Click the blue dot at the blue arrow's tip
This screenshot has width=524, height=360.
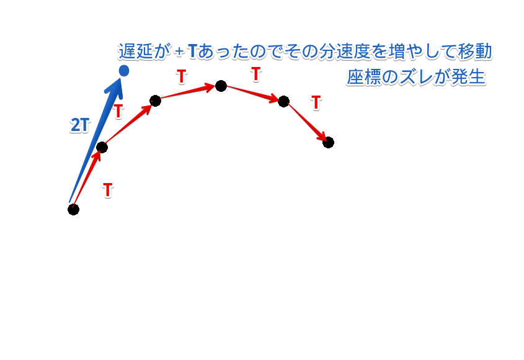point(123,71)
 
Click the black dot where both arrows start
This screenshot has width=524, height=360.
point(73,209)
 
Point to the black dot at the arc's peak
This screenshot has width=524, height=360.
point(221,86)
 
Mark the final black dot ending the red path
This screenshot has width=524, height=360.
point(328,142)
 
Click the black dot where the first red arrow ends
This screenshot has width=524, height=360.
point(102,147)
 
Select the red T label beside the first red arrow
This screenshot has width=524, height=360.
point(107,190)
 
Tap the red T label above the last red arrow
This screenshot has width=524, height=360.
point(316,102)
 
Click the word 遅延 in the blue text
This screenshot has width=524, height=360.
point(135,52)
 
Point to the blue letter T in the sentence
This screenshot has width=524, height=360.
point(192,52)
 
